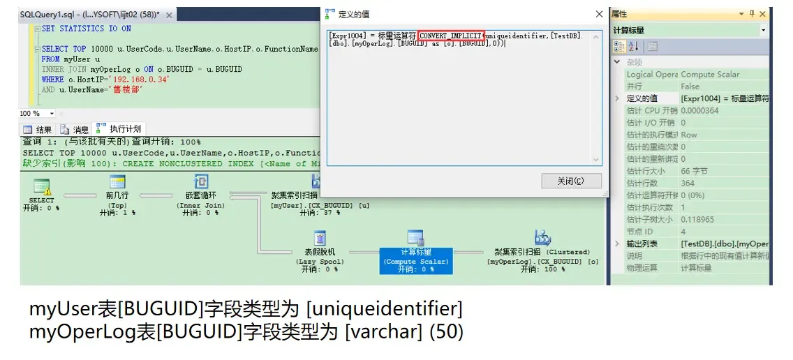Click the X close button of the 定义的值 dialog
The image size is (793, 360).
[599, 14]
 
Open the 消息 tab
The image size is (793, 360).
[75, 129]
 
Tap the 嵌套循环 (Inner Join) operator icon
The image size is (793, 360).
[200, 183]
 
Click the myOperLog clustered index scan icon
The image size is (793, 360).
[542, 239]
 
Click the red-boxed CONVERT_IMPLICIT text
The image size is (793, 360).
[450, 36]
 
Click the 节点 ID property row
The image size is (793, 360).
[643, 232]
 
